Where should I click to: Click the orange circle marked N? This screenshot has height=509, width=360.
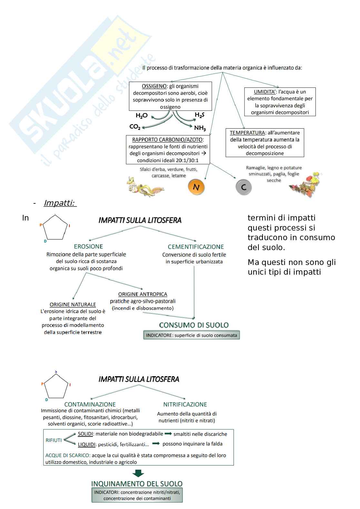pos(196,187)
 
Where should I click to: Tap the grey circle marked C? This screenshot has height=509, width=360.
pos(244,187)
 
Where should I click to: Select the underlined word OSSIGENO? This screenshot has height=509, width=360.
pos(154,86)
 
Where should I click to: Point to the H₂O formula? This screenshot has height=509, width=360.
pos(142,115)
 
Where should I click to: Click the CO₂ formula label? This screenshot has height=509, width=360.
pos(135,127)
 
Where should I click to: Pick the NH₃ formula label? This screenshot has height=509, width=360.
pos(200,128)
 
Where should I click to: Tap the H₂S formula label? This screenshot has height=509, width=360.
pos(199,115)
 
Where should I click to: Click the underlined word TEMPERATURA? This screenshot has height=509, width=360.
pos(247,133)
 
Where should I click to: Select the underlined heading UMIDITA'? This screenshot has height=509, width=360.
pos(265,92)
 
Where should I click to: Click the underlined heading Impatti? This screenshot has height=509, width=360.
pos(59,203)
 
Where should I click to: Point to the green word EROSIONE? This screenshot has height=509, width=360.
pos(88,247)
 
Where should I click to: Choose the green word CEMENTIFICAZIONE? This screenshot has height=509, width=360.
pos(196,247)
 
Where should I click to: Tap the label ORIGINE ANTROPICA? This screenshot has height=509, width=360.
pos(143,294)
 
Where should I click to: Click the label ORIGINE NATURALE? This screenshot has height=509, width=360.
pos(73,305)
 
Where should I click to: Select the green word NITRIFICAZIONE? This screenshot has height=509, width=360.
pos(185,405)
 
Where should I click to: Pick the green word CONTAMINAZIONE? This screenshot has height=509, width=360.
pos(90,405)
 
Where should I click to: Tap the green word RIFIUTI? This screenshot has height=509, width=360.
pos(54,440)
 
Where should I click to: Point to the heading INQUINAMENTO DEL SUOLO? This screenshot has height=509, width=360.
pos(137,484)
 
